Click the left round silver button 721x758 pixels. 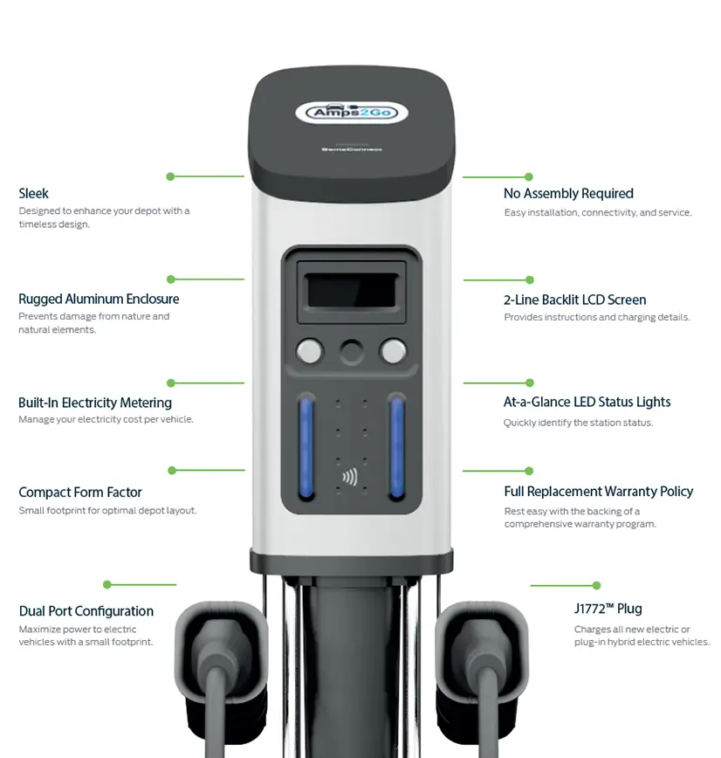[308, 351]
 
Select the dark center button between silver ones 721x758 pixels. [351, 351]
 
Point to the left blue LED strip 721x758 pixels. [306, 447]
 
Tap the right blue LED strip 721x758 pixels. [397, 447]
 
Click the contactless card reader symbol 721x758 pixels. [350, 477]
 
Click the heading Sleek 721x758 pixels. [33, 194]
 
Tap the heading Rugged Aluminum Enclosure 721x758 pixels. [99, 299]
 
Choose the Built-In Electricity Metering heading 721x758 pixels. [95, 403]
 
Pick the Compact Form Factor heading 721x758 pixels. [80, 493]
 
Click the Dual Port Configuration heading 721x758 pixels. [86, 611]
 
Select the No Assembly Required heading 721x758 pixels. [568, 194]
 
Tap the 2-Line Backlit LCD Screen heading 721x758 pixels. [574, 300]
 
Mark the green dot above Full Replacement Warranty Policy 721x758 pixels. [530, 471]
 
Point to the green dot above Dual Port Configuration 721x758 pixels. [107, 584]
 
